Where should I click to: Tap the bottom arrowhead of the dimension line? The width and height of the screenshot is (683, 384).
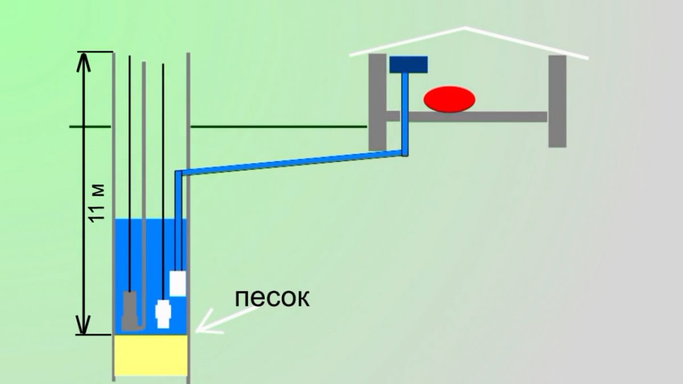84,327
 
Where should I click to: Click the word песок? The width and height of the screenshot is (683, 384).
273,298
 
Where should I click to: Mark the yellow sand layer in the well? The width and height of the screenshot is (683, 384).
151,355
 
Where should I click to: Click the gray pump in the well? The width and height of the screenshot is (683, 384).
131,310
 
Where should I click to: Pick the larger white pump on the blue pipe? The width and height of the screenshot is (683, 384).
178,283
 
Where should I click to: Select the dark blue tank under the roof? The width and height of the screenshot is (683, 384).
409,64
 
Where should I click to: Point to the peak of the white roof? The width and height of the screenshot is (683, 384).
466,27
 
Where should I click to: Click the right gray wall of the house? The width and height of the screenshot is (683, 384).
557,101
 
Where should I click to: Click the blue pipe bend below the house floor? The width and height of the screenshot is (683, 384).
405,152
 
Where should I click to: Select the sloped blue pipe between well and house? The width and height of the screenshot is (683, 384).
290,162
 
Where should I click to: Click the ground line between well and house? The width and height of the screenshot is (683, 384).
279,126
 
